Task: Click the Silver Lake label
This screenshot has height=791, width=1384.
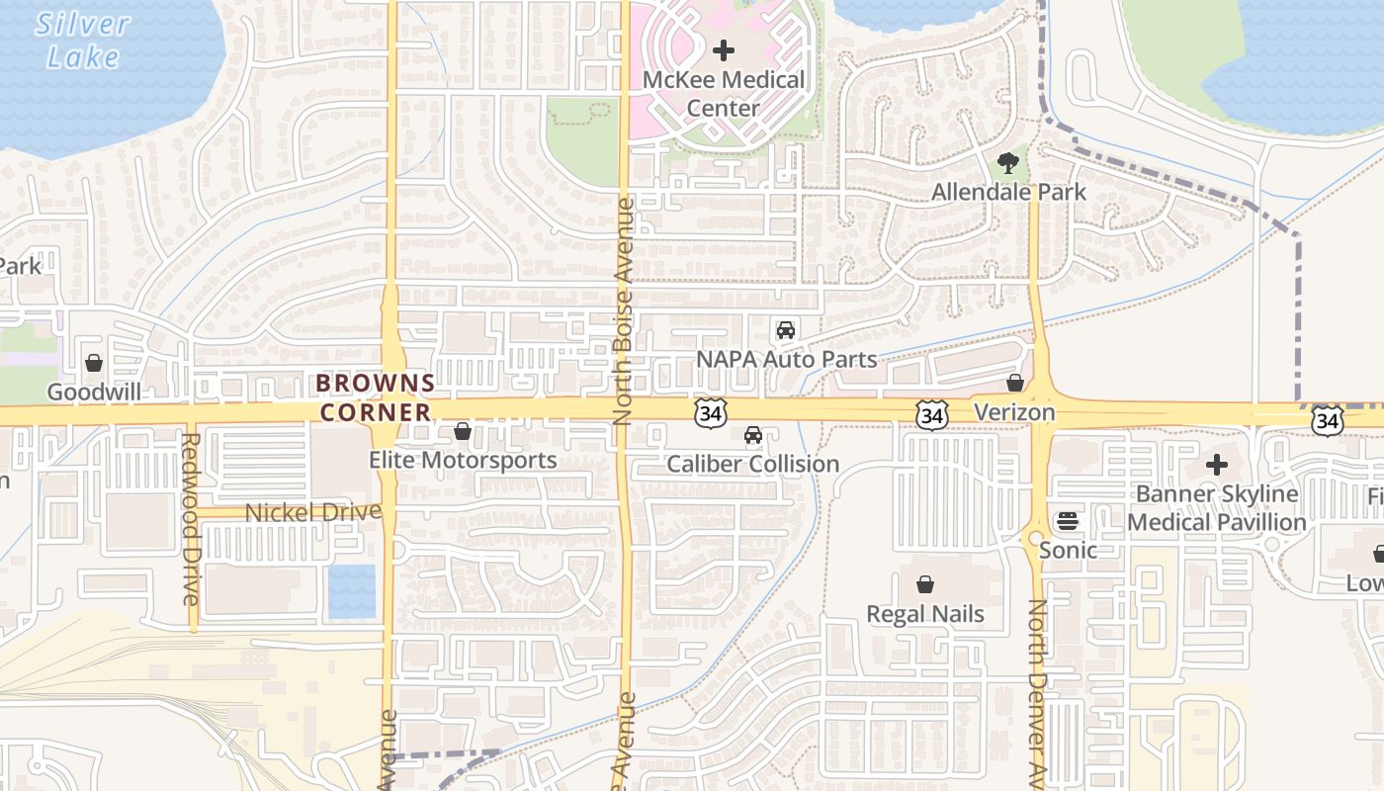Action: (x=83, y=40)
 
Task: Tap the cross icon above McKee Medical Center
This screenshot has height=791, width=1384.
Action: (x=724, y=50)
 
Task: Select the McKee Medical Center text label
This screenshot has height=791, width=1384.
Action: (x=724, y=93)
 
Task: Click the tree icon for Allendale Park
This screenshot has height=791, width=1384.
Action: (x=1008, y=163)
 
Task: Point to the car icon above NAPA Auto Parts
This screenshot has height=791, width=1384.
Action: (x=786, y=330)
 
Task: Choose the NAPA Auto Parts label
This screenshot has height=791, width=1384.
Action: (x=787, y=359)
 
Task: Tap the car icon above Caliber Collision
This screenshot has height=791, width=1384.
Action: (x=753, y=435)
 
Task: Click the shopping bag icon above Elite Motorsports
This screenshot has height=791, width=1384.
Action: (x=462, y=431)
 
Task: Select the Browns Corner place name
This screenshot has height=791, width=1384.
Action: (x=376, y=397)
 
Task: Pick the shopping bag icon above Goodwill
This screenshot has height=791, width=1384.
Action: (x=94, y=363)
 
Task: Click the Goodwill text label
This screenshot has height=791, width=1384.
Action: (x=93, y=393)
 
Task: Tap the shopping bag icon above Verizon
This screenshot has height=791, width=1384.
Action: (x=1015, y=383)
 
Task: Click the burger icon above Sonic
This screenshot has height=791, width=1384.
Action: (x=1068, y=520)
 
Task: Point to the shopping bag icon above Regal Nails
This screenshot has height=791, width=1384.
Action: (x=925, y=584)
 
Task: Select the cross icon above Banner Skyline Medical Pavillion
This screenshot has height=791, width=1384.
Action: (x=1217, y=464)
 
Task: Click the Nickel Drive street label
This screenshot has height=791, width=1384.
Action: (x=312, y=512)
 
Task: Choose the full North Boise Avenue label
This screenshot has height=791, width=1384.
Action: (x=623, y=311)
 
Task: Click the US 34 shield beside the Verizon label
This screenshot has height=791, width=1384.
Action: (x=931, y=416)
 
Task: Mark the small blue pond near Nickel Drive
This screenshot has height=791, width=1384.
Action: (x=352, y=591)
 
